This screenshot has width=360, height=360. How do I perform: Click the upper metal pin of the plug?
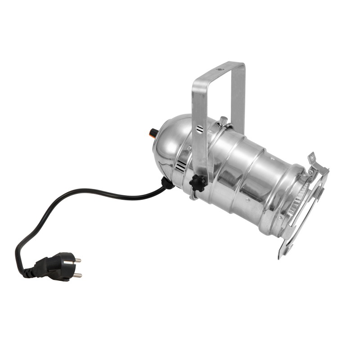[77, 260]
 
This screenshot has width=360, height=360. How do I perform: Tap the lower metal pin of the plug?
[77, 275]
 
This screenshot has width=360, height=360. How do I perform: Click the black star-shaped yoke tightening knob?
[198, 182]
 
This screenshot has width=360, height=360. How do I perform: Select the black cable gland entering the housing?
[167, 184]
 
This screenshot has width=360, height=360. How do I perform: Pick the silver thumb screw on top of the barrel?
[222, 121]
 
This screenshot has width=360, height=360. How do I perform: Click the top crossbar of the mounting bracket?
[219, 72]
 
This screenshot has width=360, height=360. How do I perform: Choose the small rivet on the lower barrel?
[245, 198]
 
